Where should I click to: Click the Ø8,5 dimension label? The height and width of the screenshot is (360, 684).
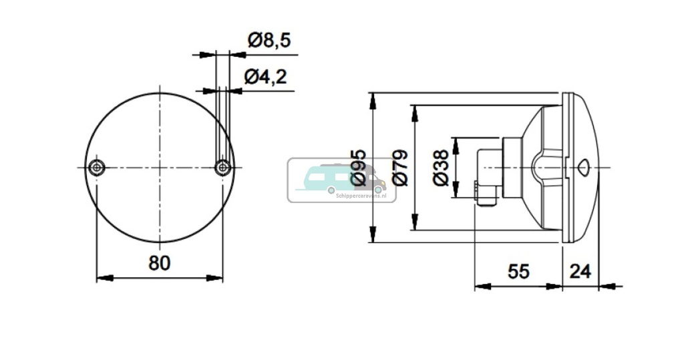[269, 41]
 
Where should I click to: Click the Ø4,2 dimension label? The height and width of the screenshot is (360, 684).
[265, 77]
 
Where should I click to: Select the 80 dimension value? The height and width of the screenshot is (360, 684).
[159, 263]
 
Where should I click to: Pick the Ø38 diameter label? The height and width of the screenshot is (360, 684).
[441, 168]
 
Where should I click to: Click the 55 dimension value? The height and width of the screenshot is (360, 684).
[518, 271]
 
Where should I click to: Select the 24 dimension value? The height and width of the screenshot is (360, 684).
[580, 271]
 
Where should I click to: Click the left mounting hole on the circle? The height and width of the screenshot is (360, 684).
[98, 167]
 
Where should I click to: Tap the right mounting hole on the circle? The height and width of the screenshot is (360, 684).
[222, 167]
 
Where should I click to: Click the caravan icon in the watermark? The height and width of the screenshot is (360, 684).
[334, 177]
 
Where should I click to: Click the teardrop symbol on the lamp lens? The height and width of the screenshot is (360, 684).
[583, 167]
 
